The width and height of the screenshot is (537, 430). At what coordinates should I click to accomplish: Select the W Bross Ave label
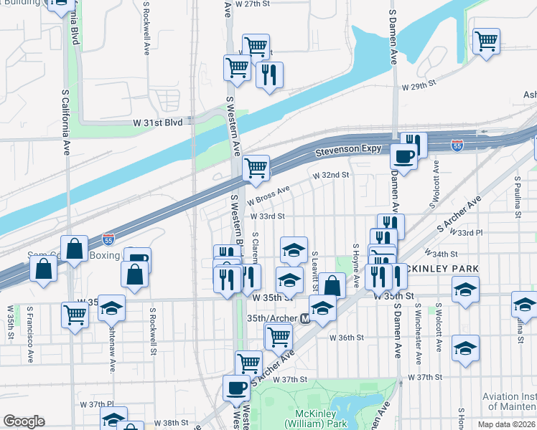pyautogui.click(x=268, y=193)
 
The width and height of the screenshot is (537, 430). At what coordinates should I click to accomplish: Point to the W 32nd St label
pyautogui.click(x=330, y=175)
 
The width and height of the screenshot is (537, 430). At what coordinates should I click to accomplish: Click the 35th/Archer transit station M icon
pyautogui.click(x=305, y=318)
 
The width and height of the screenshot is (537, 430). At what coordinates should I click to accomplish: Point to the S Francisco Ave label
pyautogui.click(x=29, y=334)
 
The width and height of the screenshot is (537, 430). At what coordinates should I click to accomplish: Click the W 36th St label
pyautogui.click(x=347, y=338)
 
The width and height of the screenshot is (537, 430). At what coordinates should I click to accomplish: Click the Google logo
pyautogui.click(x=24, y=421)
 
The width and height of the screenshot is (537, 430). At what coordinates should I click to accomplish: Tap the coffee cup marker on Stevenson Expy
pyautogui.click(x=403, y=156)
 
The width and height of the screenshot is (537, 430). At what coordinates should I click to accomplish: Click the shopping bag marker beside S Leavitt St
pyautogui.click(x=331, y=285)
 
